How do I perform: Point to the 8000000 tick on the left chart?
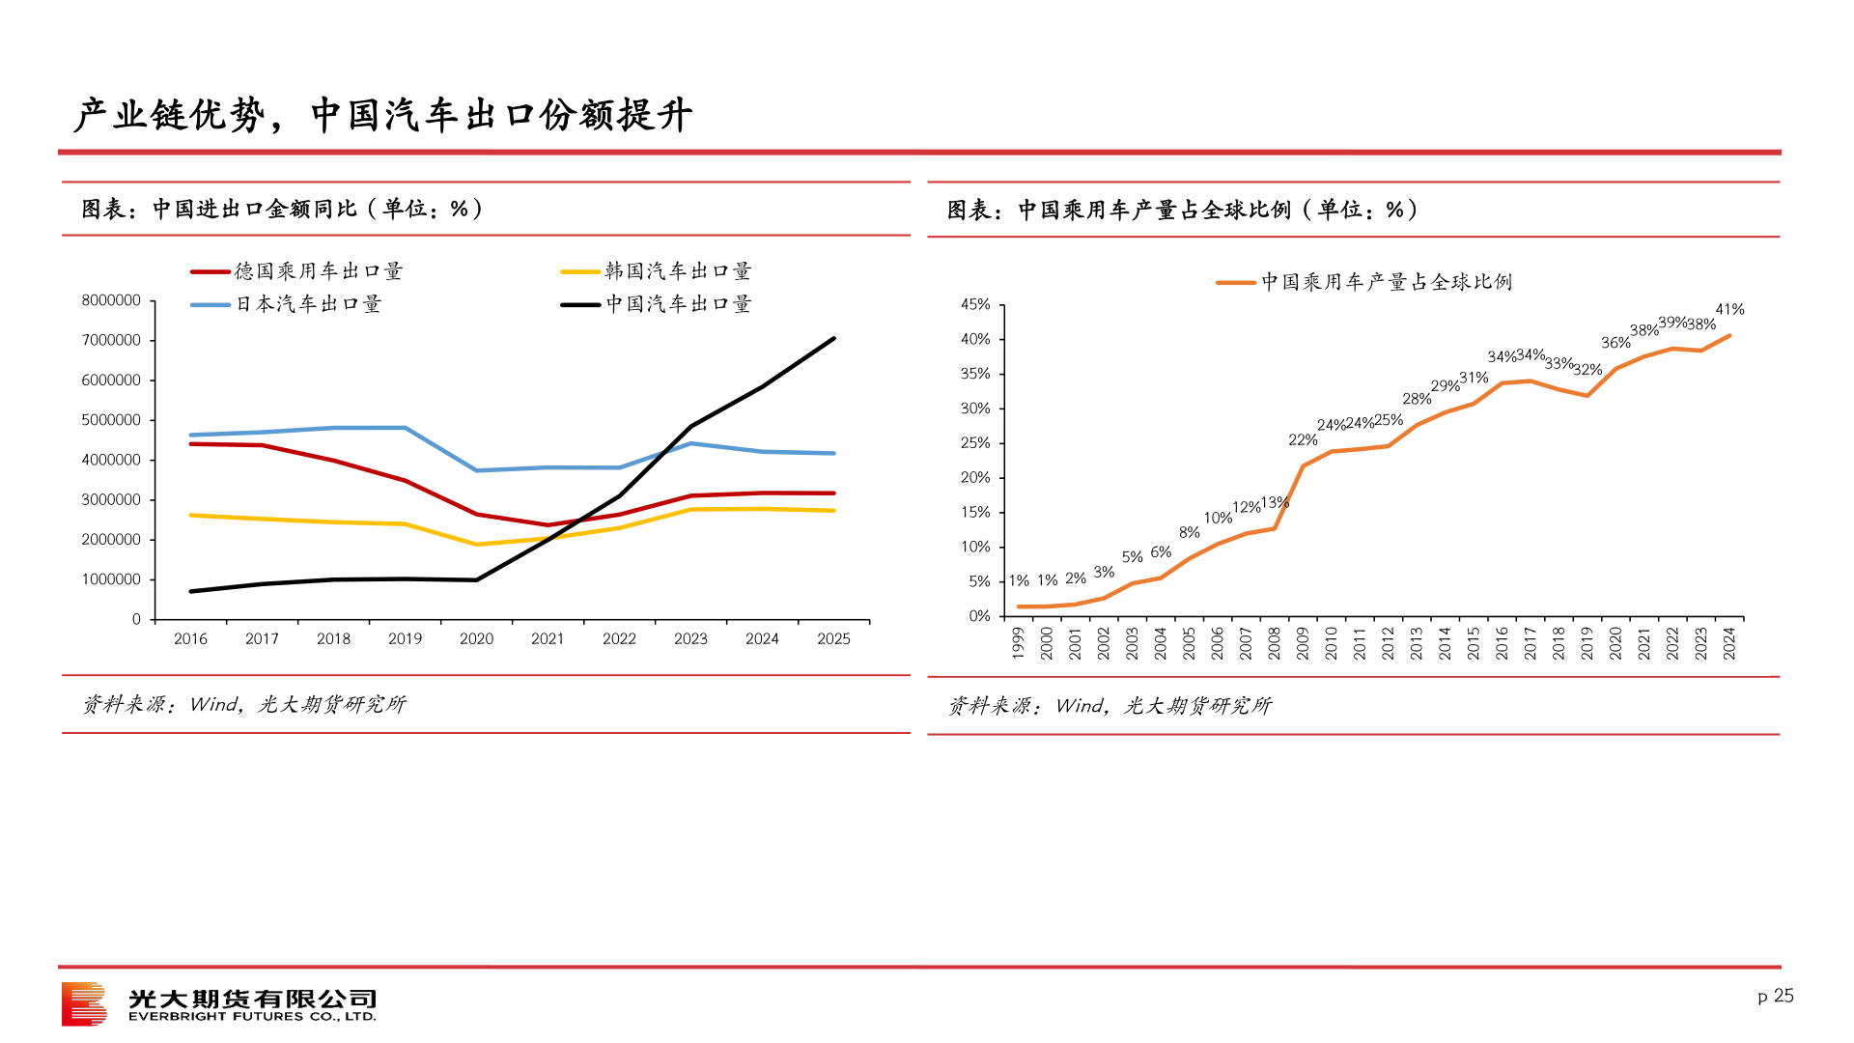(x=111, y=300)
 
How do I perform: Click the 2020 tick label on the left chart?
(x=476, y=638)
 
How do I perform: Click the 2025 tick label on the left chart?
(x=833, y=638)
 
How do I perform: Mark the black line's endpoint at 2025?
(x=833, y=339)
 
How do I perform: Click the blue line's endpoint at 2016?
(x=191, y=435)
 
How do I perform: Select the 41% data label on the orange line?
(x=1729, y=310)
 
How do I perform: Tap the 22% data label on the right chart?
(x=1303, y=440)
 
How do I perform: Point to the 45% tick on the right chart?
(x=975, y=305)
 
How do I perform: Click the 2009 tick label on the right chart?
(x=1303, y=643)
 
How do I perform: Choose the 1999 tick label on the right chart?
(x=1018, y=643)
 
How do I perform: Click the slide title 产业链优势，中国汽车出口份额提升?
(x=383, y=115)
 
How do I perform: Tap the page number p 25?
(x=1775, y=996)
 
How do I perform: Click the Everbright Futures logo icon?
(x=84, y=1004)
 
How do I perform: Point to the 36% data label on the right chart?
(x=1615, y=343)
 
